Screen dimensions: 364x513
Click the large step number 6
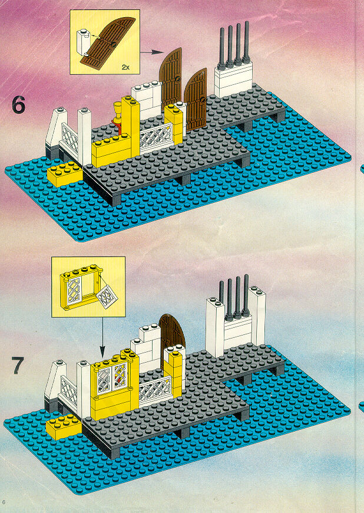pos(18,105)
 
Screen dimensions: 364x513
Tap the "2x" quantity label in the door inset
pos(126,67)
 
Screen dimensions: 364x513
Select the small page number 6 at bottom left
pos(4,502)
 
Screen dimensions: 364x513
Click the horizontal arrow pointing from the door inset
pos(151,52)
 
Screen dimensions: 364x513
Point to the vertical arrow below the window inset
pos(102,337)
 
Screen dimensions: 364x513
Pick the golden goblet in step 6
pos(117,112)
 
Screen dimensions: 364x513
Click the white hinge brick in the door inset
pos(83,41)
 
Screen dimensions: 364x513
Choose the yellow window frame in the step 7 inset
pos(80,288)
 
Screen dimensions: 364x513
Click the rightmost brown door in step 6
pos(196,99)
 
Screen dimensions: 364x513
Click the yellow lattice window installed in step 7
pos(112,378)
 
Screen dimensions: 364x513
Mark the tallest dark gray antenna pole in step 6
pos(246,42)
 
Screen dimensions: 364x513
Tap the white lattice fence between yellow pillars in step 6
pos(156,137)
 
